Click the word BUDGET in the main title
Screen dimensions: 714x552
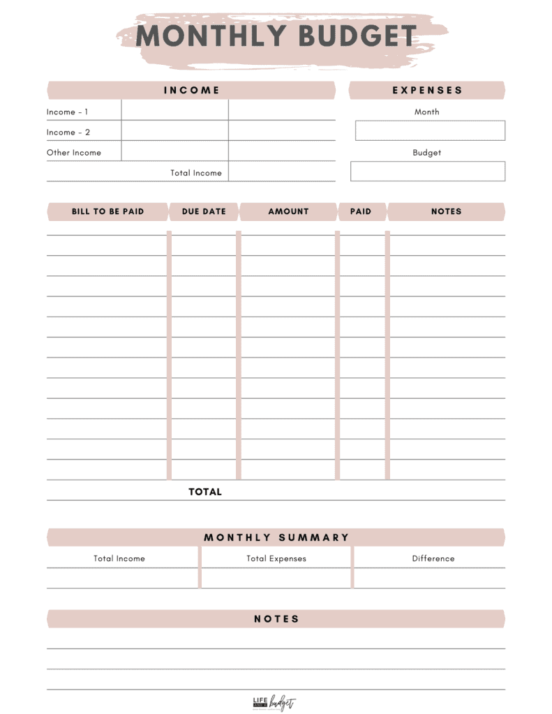coord(356,36)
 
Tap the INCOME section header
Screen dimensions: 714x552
coord(191,91)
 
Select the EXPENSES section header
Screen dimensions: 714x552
coord(427,91)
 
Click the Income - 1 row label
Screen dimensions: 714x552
coord(67,112)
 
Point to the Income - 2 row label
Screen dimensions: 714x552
coord(68,132)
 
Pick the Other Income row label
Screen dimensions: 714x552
coord(74,153)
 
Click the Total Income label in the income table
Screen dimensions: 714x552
coord(196,173)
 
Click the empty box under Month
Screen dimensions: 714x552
coord(430,131)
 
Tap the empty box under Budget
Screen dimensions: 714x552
coord(427,172)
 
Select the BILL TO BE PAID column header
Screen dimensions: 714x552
coord(107,212)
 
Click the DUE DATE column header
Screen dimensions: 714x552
coord(204,212)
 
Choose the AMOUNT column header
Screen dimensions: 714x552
coord(288,212)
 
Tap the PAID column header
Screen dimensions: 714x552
coord(361,212)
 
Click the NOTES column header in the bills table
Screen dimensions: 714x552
coord(446,212)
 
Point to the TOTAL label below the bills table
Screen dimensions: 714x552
coord(205,492)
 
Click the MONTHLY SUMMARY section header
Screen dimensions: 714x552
coord(276,538)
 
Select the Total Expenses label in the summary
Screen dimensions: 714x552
coord(276,559)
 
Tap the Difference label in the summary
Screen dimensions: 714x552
coord(433,559)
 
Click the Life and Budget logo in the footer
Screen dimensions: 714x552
coord(274,703)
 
